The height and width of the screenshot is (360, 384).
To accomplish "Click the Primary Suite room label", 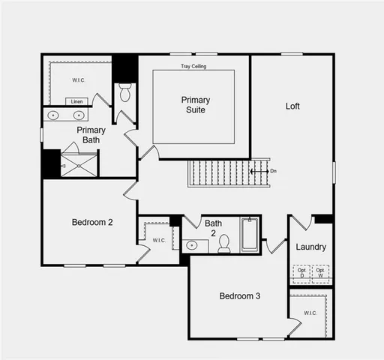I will (x=195, y=105).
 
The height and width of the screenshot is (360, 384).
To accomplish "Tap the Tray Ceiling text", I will (x=193, y=67).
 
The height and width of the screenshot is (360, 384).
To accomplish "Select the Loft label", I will (x=292, y=106).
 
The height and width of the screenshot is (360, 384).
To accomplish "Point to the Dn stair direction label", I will (x=273, y=171).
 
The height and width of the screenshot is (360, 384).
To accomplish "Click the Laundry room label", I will (x=310, y=247).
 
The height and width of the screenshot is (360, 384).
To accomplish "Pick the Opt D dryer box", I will (x=301, y=272).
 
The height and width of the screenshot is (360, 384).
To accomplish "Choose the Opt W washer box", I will (x=320, y=272).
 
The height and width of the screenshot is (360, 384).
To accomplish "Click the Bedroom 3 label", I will (x=239, y=296).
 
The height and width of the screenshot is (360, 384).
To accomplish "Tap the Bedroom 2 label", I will (x=92, y=222).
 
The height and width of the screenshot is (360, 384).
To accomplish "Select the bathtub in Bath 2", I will (x=250, y=234).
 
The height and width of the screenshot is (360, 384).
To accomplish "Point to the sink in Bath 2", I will (x=193, y=244).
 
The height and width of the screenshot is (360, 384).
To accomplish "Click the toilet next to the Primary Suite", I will (x=125, y=93).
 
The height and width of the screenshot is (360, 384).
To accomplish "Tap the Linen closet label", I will (x=76, y=101).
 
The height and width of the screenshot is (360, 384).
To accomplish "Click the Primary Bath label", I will (x=91, y=135).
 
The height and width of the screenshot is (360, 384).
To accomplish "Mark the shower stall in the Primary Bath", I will (x=79, y=165).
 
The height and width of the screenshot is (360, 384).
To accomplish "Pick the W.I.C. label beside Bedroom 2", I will (x=159, y=240).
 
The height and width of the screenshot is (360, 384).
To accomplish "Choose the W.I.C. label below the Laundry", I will (x=310, y=313).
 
